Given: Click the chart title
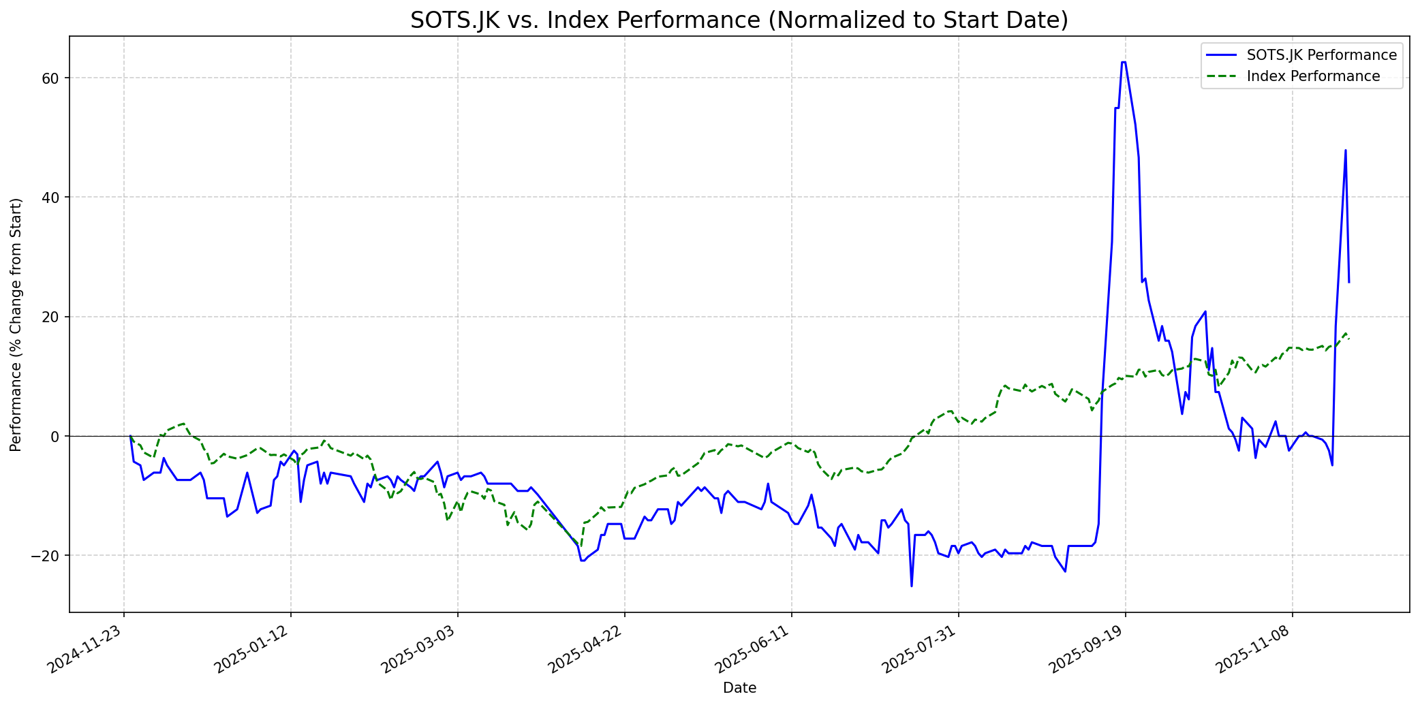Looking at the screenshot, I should click(739, 20).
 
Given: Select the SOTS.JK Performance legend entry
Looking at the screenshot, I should click(1321, 55).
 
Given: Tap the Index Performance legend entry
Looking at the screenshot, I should click(1313, 76).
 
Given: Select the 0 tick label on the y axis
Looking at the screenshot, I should click(57, 436).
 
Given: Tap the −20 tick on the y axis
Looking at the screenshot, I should click(48, 556).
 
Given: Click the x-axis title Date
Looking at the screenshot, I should click(739, 688).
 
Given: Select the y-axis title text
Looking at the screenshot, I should click(16, 324).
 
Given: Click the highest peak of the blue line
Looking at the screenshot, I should click(1123, 62).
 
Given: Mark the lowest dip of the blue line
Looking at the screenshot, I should click(912, 586).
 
